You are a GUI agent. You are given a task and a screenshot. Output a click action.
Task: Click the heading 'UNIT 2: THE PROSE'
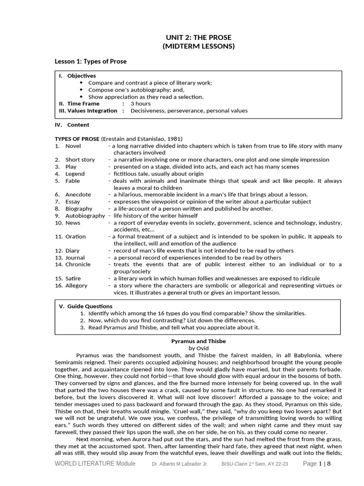click(199, 37)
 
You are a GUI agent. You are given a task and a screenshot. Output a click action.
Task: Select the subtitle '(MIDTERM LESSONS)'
click(199, 47)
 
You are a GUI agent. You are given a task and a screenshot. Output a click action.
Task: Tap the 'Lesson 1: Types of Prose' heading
click(91, 62)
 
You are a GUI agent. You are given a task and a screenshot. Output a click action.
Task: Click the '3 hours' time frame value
click(140, 103)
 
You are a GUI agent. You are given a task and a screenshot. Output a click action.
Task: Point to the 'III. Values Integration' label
click(88, 111)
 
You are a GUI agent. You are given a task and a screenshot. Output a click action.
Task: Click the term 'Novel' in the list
click(73, 146)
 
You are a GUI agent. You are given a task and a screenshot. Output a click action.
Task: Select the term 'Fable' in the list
click(73, 181)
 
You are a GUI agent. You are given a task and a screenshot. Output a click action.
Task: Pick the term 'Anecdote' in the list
click(78, 195)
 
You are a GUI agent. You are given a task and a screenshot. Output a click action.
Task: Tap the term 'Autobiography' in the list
click(85, 215)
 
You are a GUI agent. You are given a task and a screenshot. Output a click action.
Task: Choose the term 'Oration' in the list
click(76, 236)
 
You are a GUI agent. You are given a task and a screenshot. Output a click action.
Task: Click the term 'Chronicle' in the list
click(78, 264)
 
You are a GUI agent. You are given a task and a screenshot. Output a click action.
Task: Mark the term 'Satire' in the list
click(73, 279)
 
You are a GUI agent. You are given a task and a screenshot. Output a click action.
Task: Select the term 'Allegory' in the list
click(76, 286)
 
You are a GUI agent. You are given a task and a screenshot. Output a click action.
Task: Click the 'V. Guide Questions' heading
click(86, 306)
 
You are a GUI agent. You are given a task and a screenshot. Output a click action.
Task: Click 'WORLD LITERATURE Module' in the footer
click(94, 464)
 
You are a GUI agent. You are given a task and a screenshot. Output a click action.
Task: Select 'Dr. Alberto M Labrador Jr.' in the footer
click(180, 464)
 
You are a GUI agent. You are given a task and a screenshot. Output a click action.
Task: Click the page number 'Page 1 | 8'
click(316, 464)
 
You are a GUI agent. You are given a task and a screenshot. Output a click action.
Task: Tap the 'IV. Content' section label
click(72, 125)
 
